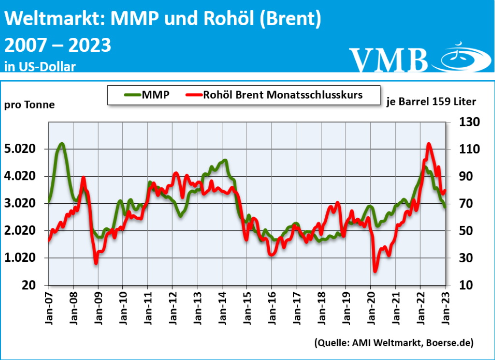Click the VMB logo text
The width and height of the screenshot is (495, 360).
(389, 60)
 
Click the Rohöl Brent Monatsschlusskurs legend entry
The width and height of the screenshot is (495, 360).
(273, 95)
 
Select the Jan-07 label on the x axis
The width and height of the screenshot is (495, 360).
(49, 304)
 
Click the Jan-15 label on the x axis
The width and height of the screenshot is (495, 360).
(247, 304)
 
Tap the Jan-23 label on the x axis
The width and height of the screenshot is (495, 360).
(445, 304)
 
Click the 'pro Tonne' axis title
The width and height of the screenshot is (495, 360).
(30, 105)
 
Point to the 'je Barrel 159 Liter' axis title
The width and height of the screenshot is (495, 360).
(432, 102)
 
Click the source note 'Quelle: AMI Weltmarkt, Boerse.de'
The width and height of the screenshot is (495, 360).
(393, 343)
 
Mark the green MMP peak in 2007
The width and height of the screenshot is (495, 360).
(61, 144)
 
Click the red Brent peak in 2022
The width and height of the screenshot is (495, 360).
(429, 144)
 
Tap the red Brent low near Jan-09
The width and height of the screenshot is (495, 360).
(96, 263)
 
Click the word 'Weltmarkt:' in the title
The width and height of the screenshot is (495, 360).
(55, 19)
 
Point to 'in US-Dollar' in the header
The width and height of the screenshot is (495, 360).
(40, 66)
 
